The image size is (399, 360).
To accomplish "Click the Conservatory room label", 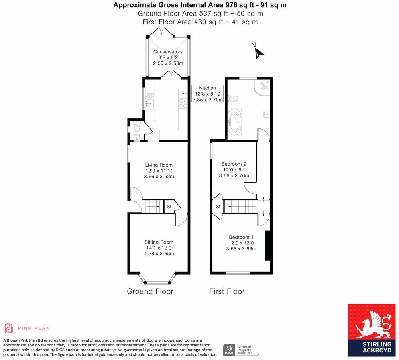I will pos(168,52).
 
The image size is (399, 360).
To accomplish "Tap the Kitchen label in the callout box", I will pos(208,88).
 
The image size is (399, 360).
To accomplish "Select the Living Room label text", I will pos(159,165).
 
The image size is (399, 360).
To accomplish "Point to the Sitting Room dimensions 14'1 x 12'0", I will pos(159,248).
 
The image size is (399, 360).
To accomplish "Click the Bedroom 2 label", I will pos(234,164).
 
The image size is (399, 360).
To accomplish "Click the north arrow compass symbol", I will pos(259,52).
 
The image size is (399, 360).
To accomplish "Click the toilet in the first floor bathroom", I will pos(234,98).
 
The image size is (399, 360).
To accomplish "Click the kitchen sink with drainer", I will pos(149,100).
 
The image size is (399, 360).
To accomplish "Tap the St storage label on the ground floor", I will pos(169,207).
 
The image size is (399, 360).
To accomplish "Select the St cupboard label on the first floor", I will pos(218,207).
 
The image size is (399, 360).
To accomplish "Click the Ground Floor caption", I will pos(150,291).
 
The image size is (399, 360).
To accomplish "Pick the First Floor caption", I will pos(226,291).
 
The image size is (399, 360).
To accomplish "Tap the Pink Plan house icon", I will pos(8,328).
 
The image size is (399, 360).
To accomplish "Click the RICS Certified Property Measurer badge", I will pos(241,349).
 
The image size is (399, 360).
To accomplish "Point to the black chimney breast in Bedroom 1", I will pos(267,246).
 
